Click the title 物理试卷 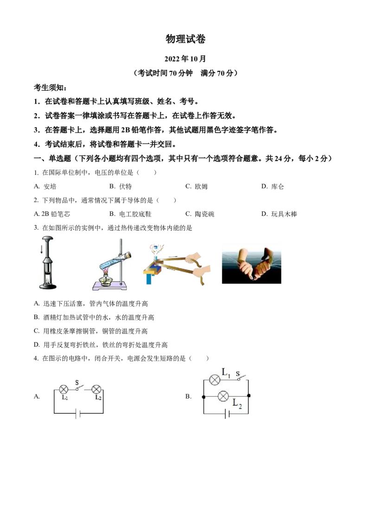point(185,39)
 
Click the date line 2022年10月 point(185,59)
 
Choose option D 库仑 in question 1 point(273,186)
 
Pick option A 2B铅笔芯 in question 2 point(52,214)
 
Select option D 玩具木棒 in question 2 point(279,214)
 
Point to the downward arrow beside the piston point(42,250)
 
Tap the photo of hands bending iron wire point(251,266)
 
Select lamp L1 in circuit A point(64,390)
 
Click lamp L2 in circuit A point(96,390)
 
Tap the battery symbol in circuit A point(78,414)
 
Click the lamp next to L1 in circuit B point(214,380)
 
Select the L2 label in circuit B point(237,403)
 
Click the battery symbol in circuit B point(227,414)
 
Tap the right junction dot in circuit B point(249,396)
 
